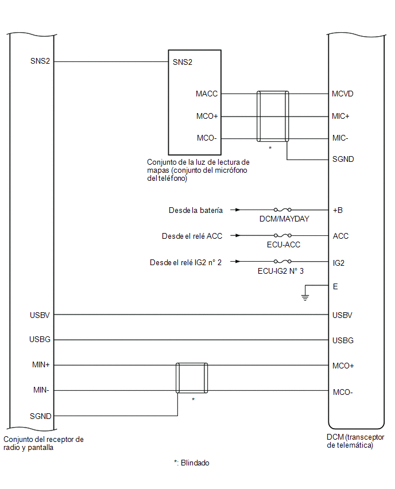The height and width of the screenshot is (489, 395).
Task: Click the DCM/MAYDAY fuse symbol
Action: coord(282,209)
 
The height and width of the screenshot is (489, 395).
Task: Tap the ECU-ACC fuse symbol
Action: coord(282,235)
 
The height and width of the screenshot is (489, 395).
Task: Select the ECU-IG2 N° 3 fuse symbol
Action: coord(282,261)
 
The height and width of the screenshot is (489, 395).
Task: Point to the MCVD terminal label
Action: coord(343,94)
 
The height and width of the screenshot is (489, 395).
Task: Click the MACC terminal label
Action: coord(207,94)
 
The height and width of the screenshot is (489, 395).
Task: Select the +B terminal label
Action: coord(338,210)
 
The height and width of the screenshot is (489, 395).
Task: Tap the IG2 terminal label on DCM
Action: coord(339,263)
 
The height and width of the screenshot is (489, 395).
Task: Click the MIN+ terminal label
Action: coord(41,364)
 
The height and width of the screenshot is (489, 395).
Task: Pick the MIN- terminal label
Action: coord(41,390)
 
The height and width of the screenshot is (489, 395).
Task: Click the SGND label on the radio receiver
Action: coord(41,416)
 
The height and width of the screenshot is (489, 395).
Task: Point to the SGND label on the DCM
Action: coord(343,159)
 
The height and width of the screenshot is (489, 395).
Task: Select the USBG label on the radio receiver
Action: coord(40,339)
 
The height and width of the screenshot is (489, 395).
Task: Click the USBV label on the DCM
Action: coord(342,315)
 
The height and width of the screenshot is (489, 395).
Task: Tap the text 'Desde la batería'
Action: coord(196,210)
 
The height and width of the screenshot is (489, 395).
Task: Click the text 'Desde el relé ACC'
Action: coord(192,236)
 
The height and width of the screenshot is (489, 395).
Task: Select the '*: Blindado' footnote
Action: coord(192,463)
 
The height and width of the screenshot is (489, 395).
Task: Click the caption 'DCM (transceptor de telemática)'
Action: coord(355,441)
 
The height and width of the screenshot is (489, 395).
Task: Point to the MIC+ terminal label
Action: coord(340,116)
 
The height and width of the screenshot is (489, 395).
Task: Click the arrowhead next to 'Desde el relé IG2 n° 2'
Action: coord(238,261)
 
